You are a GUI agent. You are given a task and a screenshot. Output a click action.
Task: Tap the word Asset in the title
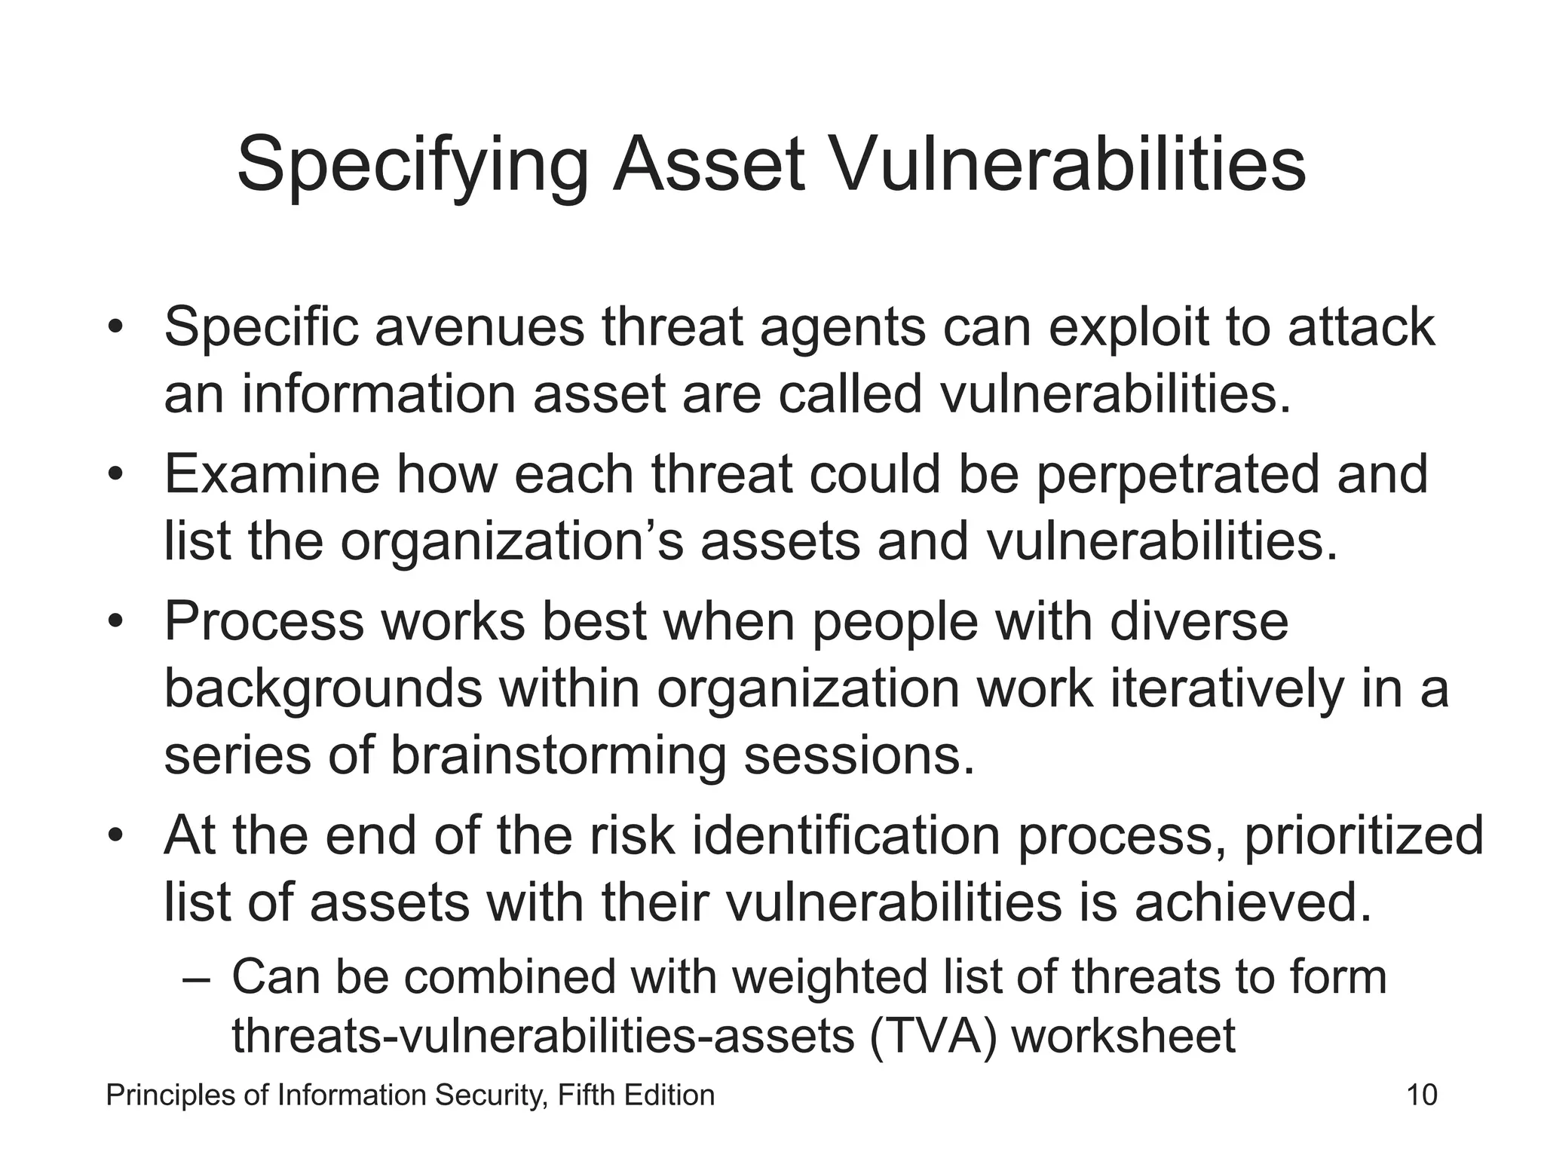[709, 164]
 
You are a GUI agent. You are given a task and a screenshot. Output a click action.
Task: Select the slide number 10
[1422, 1095]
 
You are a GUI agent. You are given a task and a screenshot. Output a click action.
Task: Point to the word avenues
[479, 327]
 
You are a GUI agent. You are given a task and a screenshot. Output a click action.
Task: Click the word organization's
[512, 543]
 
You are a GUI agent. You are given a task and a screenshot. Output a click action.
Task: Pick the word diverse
[1199, 621]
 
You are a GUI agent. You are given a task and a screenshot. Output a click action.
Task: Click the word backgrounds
[323, 690]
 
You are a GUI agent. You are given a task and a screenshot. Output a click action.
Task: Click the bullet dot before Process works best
[115, 622]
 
